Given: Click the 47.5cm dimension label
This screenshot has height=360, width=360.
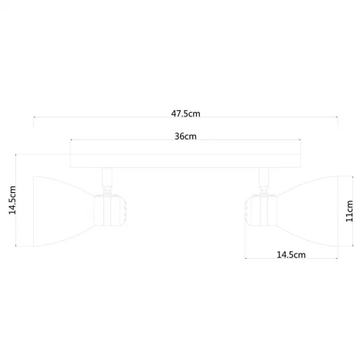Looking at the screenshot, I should click(x=185, y=113).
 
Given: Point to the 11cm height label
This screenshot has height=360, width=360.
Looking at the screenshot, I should click(x=349, y=209).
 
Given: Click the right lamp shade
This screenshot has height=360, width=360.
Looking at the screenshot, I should click(x=303, y=207).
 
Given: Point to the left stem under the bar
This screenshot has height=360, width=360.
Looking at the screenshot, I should click(x=103, y=180).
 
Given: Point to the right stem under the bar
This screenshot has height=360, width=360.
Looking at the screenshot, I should click(x=264, y=180).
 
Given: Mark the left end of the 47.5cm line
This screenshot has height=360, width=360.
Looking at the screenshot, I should click(x=33, y=119).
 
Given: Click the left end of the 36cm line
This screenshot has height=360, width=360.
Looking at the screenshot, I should click(x=70, y=142).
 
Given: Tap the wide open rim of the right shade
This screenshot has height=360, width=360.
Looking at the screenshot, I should click(x=336, y=208).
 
